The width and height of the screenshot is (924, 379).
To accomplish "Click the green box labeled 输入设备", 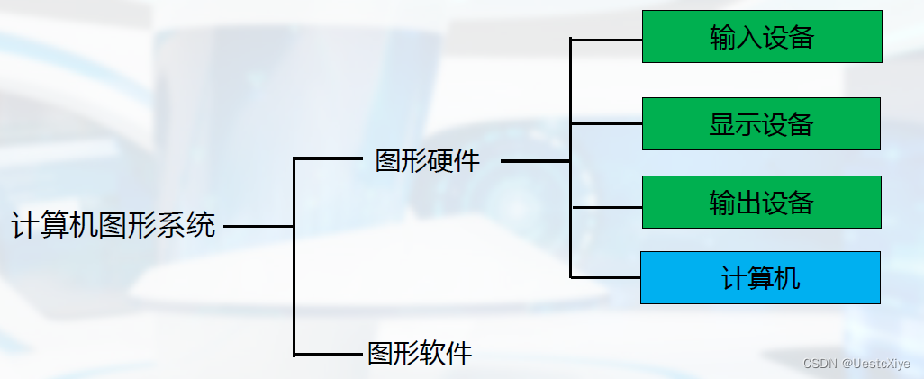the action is point(761,37).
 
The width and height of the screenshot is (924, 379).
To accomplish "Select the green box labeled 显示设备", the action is point(761,123).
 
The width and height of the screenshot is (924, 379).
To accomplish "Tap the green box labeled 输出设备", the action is point(761,202).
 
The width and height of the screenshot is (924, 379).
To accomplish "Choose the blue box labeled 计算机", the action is point(760,277).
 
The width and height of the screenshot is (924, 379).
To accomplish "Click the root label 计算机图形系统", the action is point(113,225).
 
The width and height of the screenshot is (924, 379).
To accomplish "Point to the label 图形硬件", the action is point(428,161).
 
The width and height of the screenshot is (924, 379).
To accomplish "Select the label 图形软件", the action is point(420,353).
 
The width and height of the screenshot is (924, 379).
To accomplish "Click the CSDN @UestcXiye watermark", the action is point(856,364).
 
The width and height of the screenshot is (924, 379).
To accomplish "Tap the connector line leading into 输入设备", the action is point(606,40).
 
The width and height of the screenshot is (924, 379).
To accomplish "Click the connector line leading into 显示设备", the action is point(606,123).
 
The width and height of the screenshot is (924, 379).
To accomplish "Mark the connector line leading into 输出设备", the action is point(606,206).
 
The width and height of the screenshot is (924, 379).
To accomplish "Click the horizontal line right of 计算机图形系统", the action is point(258,226).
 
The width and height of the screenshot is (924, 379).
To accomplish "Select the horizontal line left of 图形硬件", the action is point(327,158).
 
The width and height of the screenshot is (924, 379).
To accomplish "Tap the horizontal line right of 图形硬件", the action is point(535,161).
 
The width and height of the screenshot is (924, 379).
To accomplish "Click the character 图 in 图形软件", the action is point(380,353).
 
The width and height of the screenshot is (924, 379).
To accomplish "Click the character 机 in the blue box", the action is point(787,277).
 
